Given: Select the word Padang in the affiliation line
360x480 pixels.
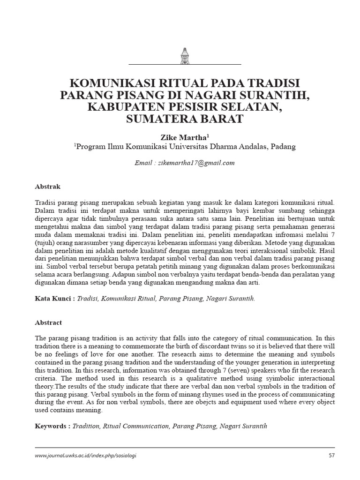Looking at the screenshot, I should click(283, 147).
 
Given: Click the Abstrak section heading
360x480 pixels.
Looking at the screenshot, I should click(48, 186).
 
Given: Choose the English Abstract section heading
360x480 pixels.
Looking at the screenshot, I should click(49, 323).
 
